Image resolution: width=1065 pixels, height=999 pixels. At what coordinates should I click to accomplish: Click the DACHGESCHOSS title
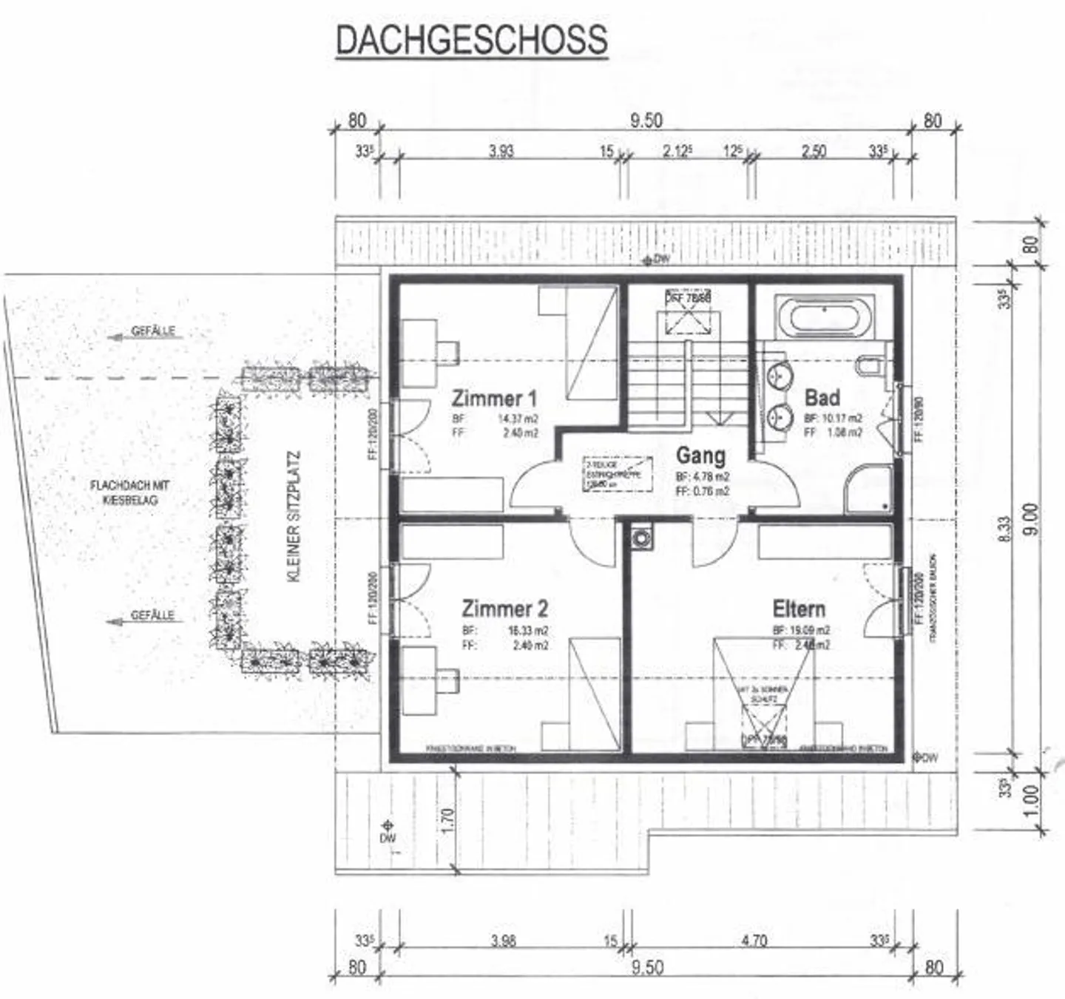[472, 40]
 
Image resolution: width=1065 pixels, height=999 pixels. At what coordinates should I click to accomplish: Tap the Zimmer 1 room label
[494, 399]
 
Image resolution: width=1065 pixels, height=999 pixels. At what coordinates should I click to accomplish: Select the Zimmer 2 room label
[504, 609]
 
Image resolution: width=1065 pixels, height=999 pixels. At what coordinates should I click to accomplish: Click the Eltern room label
[799, 609]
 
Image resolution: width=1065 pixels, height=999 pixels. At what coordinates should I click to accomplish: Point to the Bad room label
[822, 398]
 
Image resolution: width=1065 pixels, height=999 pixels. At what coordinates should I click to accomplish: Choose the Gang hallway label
[700, 455]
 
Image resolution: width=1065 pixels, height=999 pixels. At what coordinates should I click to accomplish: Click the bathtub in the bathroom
[824, 319]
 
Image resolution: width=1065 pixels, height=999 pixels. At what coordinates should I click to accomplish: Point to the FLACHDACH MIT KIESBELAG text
[129, 492]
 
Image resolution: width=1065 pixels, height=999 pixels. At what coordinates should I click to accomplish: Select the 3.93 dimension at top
[501, 151]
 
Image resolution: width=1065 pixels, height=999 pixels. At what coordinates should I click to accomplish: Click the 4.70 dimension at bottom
[754, 941]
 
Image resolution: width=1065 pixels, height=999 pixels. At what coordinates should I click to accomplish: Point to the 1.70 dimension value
[446, 819]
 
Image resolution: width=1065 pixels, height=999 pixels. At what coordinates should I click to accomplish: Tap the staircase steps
[658, 388]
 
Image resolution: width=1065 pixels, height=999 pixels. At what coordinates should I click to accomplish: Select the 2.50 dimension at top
[814, 151]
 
